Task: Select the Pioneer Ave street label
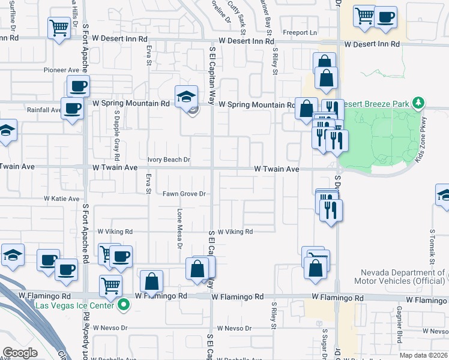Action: click(61, 70)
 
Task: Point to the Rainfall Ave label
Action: click(44, 110)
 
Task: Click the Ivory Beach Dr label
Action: click(169, 160)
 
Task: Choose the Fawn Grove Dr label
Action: click(184, 194)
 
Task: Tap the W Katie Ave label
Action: click(61, 199)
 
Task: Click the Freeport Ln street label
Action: click(300, 32)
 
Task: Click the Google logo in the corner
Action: click(20, 352)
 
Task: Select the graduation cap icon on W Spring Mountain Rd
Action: click(187, 96)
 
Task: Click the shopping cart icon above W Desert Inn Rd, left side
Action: click(59, 27)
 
